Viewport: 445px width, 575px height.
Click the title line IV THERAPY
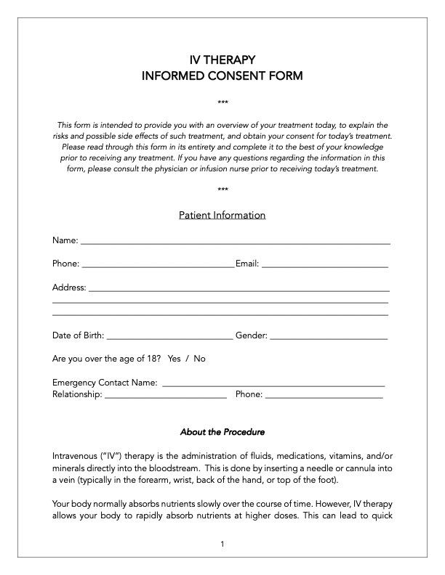(222, 60)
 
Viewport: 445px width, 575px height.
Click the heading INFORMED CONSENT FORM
(222, 76)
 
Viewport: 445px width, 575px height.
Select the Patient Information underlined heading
(222, 216)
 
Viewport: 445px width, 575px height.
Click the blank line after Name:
(235, 241)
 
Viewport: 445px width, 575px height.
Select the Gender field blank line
(329, 337)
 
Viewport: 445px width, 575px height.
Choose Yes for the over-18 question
(174, 359)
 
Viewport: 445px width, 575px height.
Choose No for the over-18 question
(199, 359)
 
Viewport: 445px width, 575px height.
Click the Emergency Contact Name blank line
(273, 383)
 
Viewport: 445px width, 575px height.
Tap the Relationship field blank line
(166, 396)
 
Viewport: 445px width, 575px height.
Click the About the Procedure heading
(222, 432)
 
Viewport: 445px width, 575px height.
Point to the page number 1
(222, 545)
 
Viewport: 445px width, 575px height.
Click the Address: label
(69, 287)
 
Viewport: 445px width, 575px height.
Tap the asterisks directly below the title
(222, 102)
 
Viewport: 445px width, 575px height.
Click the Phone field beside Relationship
(324, 396)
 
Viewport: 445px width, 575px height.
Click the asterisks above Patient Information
(222, 190)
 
